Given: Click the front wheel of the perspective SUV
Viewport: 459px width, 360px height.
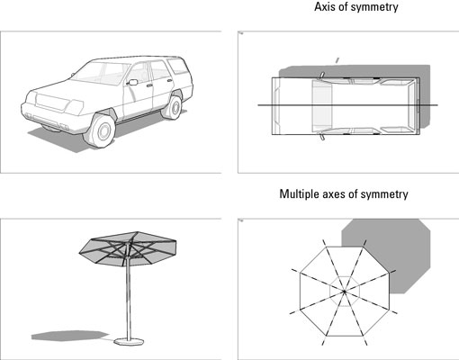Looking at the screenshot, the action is coord(102,130).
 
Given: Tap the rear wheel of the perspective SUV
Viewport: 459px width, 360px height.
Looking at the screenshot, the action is coord(174,107).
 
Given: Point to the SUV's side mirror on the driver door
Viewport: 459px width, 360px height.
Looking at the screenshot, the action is coord(132,82).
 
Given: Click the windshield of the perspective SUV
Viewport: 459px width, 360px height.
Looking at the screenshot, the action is coord(101,73).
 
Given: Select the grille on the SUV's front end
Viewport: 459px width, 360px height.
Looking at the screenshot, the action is coord(51,103).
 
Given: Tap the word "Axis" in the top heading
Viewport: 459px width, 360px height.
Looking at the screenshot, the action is coord(325,6).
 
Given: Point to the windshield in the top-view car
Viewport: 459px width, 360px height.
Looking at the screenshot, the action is coord(321,105).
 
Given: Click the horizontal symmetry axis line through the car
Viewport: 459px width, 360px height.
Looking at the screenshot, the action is coord(347,105).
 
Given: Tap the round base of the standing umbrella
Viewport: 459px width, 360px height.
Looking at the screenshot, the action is coord(129,342).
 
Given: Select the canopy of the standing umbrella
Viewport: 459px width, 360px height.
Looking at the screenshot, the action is coord(128,248).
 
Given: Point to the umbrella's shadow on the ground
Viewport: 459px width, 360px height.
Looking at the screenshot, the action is coord(69,336).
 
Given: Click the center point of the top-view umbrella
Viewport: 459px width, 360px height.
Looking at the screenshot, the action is coord(345,292).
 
